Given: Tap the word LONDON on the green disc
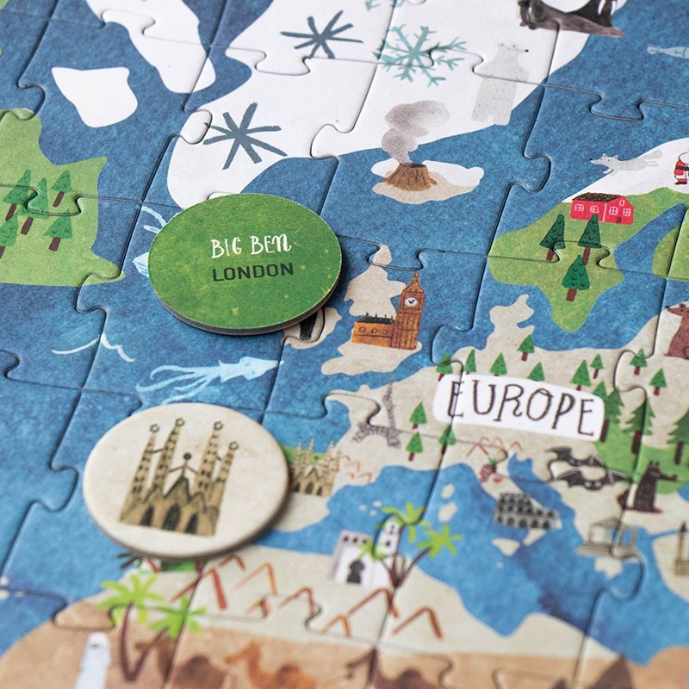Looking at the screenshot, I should click(251, 272).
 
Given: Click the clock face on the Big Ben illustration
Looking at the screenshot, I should click(413, 301).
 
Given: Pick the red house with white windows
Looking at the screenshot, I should click(601, 208).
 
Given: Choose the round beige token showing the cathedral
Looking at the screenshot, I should click(185, 479).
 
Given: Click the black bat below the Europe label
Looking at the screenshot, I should click(571, 465).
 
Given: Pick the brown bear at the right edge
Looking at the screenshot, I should click(679, 332).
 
